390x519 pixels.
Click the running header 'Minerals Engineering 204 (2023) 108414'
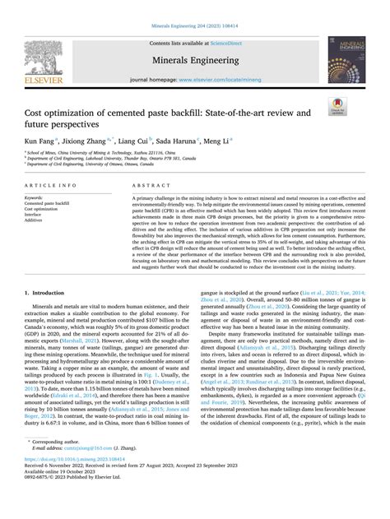point(194,6)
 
